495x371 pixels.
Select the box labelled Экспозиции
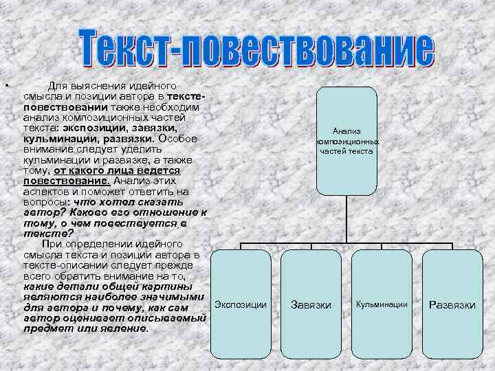tap(241, 303)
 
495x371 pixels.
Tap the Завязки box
tap(311, 304)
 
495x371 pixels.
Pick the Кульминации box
tap(382, 303)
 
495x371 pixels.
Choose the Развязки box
tap(452, 304)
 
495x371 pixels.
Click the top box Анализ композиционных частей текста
tap(346, 140)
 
